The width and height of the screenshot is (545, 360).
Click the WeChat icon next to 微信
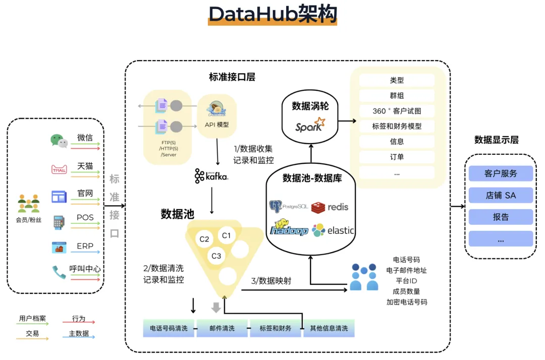click(59, 141)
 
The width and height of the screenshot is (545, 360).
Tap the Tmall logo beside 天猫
click(59, 169)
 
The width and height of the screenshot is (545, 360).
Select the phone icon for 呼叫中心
click(59, 272)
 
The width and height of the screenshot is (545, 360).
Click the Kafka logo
click(211, 176)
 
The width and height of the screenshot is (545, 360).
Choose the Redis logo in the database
click(330, 207)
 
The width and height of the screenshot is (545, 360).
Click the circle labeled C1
click(226, 235)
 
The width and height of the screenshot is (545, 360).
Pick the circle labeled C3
click(216, 256)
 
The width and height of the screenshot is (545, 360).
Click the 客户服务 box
click(501, 173)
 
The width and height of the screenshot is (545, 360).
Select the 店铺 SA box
click(501, 195)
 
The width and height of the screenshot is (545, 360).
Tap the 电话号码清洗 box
click(169, 328)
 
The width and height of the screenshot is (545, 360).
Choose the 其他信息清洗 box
click(329, 328)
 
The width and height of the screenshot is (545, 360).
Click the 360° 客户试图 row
click(397, 111)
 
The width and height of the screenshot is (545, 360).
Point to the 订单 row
click(397, 157)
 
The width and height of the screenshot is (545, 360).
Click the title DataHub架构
click(272, 14)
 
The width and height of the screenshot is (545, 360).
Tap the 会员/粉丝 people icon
click(29, 203)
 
